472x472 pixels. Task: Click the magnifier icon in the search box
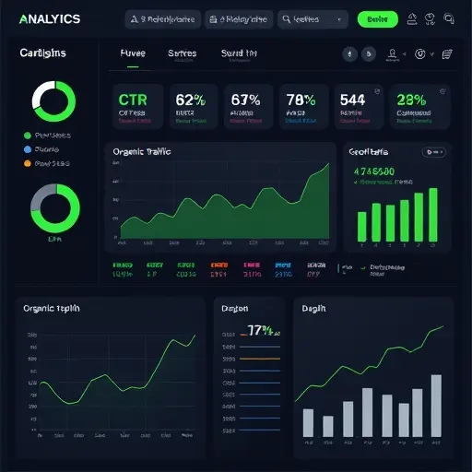click(x=288, y=19)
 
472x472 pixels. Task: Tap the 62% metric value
click(x=189, y=99)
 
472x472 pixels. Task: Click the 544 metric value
click(x=354, y=99)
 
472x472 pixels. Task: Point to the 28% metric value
click(x=411, y=99)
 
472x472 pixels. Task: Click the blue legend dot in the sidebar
click(x=28, y=149)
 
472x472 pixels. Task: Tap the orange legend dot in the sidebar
click(x=28, y=163)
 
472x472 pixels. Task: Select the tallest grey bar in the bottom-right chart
click(x=436, y=406)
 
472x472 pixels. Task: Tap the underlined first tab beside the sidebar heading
click(x=133, y=53)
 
